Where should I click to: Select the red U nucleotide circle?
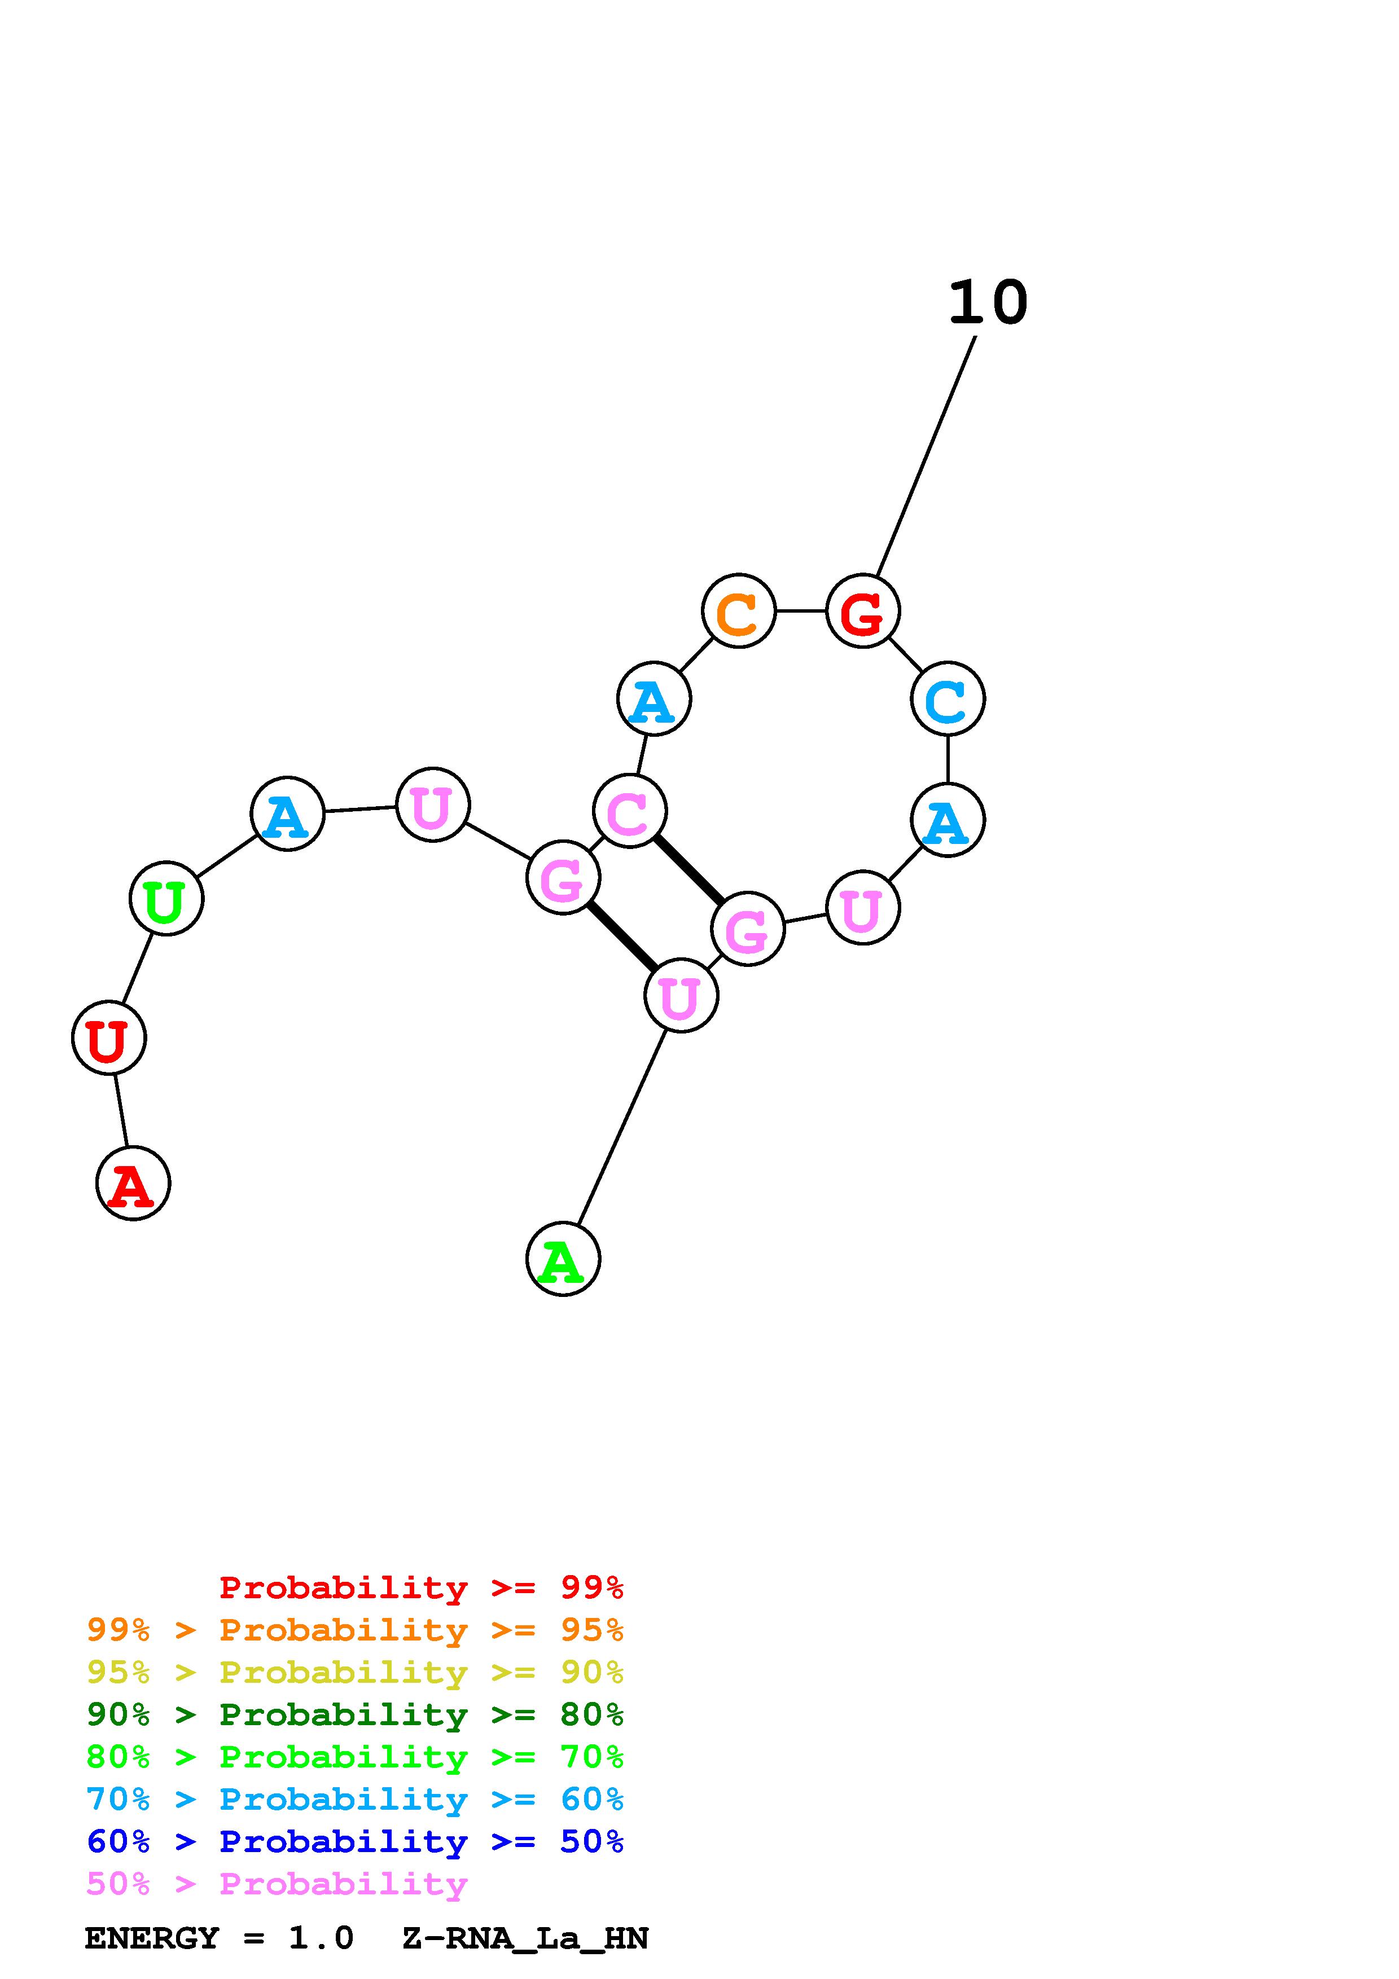coord(108,1038)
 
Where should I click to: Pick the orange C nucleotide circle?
coord(739,611)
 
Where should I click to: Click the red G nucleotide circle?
coord(863,611)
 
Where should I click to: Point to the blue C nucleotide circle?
coord(948,699)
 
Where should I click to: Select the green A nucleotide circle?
coord(563,1259)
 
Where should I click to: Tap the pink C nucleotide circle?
coord(630,811)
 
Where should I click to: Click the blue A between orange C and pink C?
coord(654,699)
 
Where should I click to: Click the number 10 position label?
coord(988,304)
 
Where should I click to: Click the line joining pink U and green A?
coord(621,1127)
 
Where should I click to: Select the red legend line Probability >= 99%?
coord(422,1587)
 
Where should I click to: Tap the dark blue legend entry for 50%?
coord(355,1841)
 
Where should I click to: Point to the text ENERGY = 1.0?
coord(219,1938)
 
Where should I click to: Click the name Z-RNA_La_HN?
coord(525,1938)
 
